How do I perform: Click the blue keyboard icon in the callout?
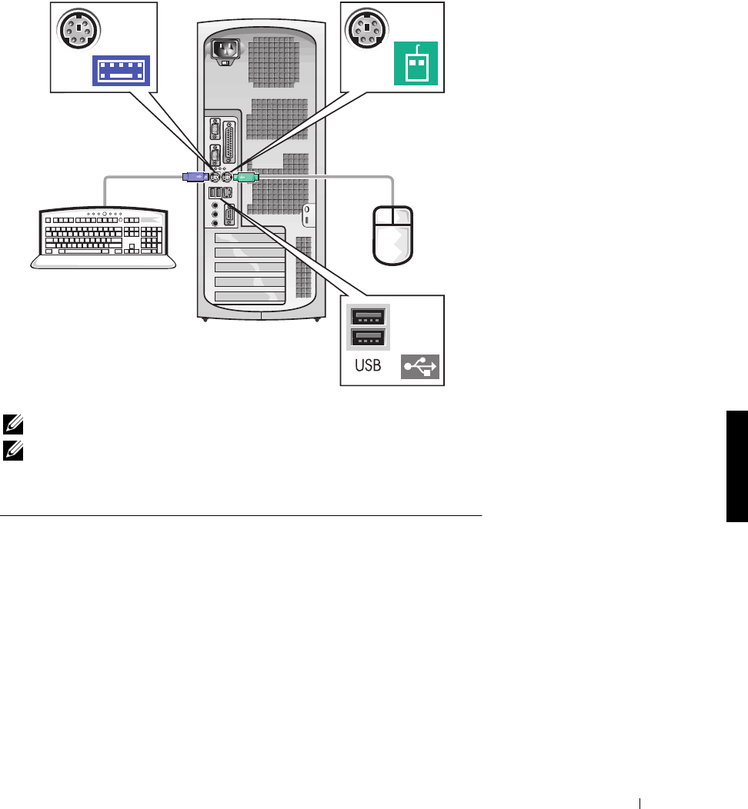pyautogui.click(x=122, y=69)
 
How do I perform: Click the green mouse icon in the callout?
pyautogui.click(x=416, y=62)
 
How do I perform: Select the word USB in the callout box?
pyautogui.click(x=368, y=366)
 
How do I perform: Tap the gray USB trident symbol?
pyautogui.click(x=420, y=368)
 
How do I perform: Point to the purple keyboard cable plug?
pyautogui.click(x=194, y=176)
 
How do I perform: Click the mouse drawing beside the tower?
pyautogui.click(x=393, y=233)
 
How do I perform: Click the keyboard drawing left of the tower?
pyautogui.click(x=104, y=237)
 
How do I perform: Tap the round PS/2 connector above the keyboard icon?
pyautogui.click(x=75, y=31)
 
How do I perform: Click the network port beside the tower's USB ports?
pyautogui.click(x=230, y=193)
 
